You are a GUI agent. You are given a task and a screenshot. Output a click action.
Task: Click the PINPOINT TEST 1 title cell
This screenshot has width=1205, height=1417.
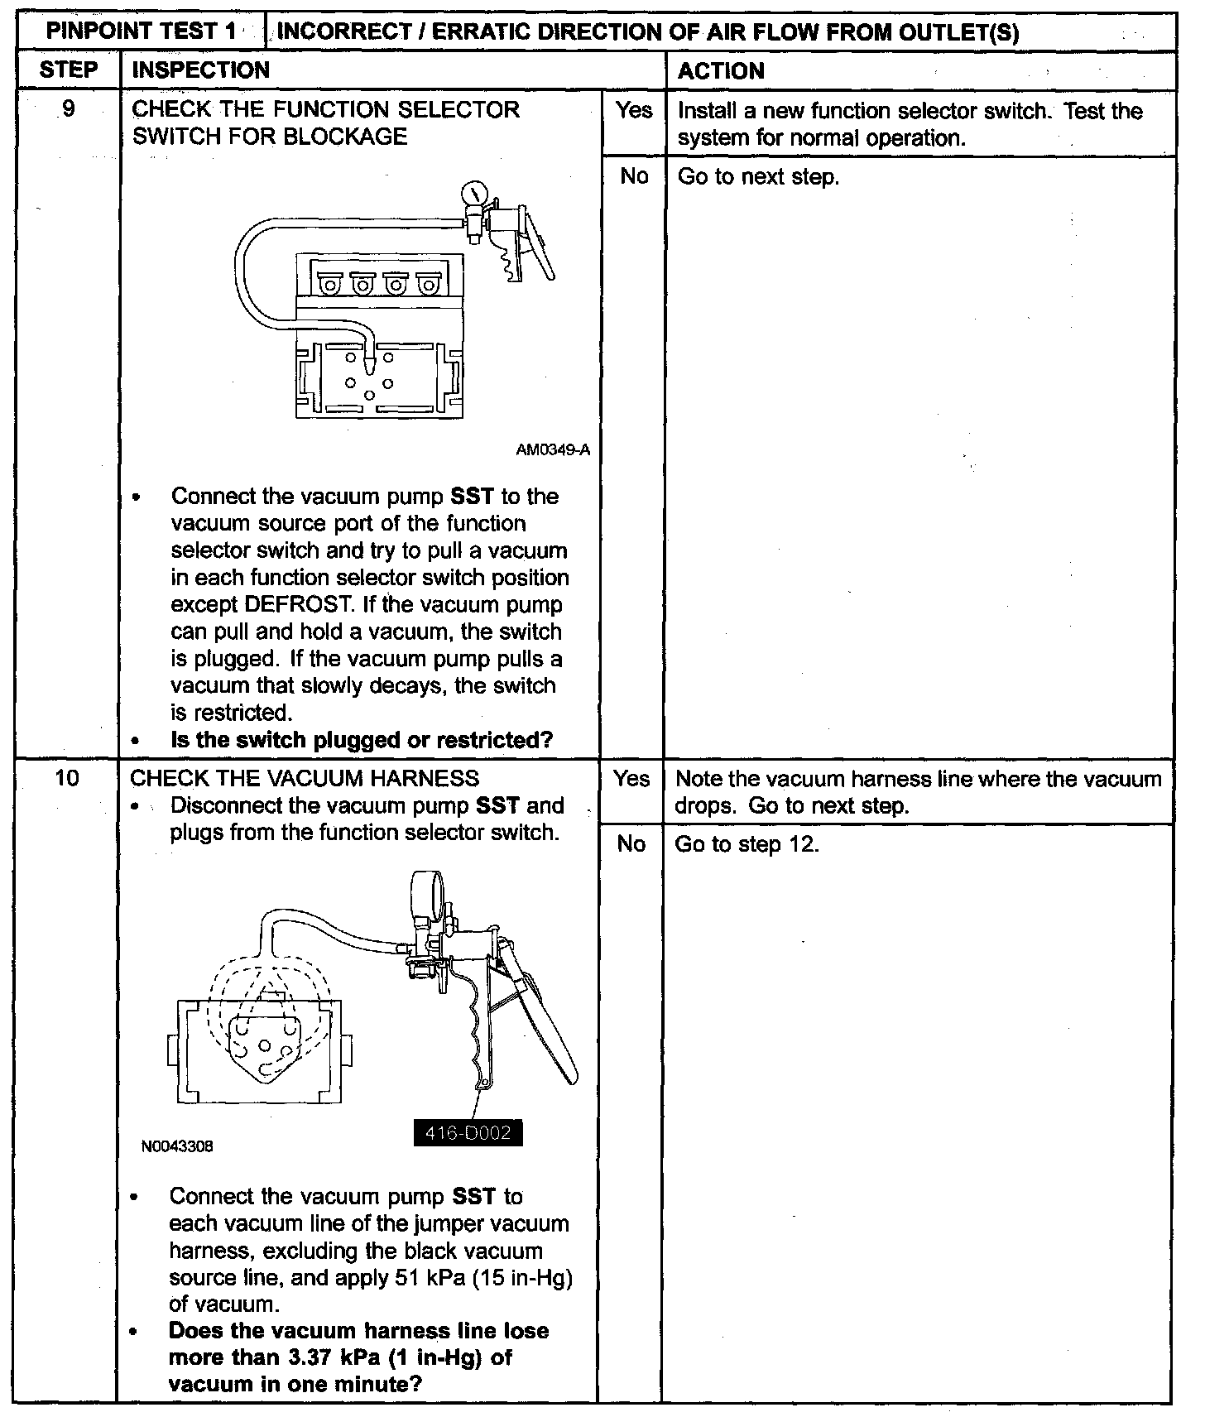click(x=141, y=32)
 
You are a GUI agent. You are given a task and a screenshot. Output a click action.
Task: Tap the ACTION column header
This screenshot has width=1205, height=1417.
click(x=721, y=71)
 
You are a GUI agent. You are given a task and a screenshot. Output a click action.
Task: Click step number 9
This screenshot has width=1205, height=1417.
click(x=69, y=109)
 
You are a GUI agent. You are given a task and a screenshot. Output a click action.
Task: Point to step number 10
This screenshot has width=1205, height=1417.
click(x=67, y=778)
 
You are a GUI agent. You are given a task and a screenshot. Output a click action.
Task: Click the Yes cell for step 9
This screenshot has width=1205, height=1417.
click(x=634, y=111)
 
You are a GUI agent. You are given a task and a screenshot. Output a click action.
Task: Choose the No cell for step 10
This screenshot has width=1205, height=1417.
click(x=631, y=843)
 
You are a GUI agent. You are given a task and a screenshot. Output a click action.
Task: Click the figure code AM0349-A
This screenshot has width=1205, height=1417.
click(x=552, y=450)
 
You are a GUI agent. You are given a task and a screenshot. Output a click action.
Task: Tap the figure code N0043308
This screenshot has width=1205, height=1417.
click(x=177, y=1146)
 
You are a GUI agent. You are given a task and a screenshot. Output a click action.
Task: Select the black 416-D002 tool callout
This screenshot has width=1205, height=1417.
click(x=468, y=1132)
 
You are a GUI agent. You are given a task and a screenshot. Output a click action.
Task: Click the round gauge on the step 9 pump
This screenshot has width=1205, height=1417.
click(x=473, y=194)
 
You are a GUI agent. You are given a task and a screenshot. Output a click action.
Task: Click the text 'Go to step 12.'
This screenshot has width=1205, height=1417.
click(x=747, y=844)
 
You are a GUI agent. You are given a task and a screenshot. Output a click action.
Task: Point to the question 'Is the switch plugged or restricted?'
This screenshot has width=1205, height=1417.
click(x=362, y=740)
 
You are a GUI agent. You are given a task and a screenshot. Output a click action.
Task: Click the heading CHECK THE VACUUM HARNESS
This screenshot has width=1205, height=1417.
click(x=305, y=778)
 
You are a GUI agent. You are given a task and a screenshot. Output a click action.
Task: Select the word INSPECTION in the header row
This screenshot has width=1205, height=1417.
click(x=201, y=70)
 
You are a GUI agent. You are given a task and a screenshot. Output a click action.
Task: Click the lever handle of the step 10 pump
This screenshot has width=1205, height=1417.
click(x=546, y=1026)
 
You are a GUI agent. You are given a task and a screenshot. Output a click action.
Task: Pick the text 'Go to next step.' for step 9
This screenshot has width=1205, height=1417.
click(x=758, y=177)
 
